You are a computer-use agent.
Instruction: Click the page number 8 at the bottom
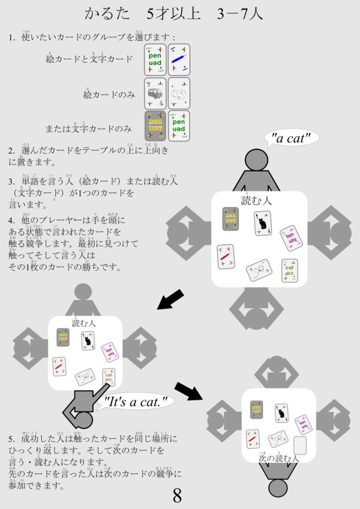pos(177,495)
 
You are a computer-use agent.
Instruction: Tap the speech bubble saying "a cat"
pos(292,138)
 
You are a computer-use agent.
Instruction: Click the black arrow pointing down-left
pos(171,300)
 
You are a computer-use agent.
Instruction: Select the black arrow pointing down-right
pos(188,391)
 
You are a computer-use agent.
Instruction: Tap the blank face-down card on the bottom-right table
pos(300,445)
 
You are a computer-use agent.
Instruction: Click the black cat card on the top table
pos(263,223)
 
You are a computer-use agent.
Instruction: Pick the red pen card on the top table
pos(226,257)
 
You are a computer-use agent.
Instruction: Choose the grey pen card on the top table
pos(231,218)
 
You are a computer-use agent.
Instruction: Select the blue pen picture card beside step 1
pos(179,60)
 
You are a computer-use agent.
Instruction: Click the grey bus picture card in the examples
pos(155,93)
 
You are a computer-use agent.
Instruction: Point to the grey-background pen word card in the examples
pos(155,126)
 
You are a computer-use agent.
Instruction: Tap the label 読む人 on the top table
pos(257,201)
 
